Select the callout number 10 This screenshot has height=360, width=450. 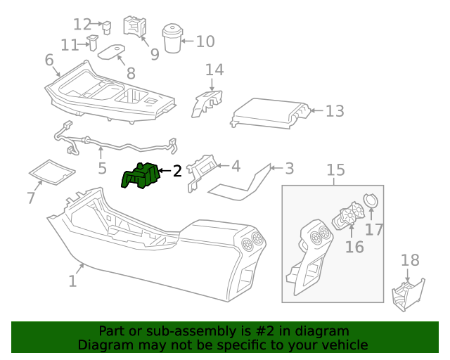pos(205,41)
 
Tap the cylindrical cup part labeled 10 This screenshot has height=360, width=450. pos(172,40)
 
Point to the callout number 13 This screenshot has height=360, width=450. pos(335,111)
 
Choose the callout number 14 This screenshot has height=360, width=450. pos(214,70)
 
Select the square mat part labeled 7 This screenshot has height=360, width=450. pos(51,172)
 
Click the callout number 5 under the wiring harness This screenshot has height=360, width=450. pos(102,169)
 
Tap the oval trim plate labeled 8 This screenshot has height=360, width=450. pos(110,53)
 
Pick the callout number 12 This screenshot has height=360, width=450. pos(83,25)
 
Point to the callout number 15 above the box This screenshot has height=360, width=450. pos(335,169)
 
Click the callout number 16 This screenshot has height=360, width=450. pos(354,247)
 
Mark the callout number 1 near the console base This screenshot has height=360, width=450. pos(72,281)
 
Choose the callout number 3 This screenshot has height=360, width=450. pos(288,169)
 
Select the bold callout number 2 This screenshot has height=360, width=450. pos(177,170)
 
